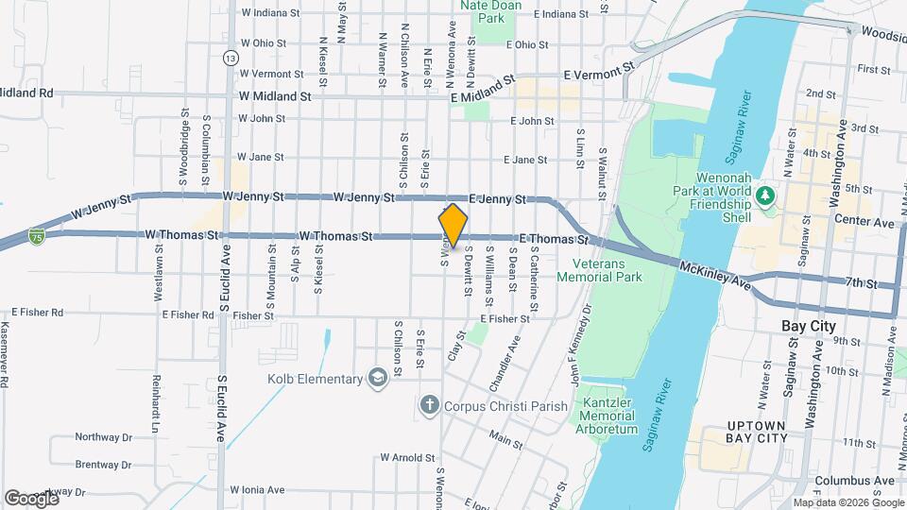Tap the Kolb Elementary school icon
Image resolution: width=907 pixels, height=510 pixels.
(378, 379)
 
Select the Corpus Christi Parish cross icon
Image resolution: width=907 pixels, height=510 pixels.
(429, 406)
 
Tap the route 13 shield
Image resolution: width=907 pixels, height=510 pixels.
(230, 58)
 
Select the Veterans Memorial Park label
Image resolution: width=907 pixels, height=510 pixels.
(600, 270)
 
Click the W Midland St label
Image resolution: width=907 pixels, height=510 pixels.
(275, 96)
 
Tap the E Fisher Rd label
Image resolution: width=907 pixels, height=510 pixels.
(38, 312)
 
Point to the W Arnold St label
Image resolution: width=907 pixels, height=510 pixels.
(407, 457)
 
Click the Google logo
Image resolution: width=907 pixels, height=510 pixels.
(31, 498)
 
